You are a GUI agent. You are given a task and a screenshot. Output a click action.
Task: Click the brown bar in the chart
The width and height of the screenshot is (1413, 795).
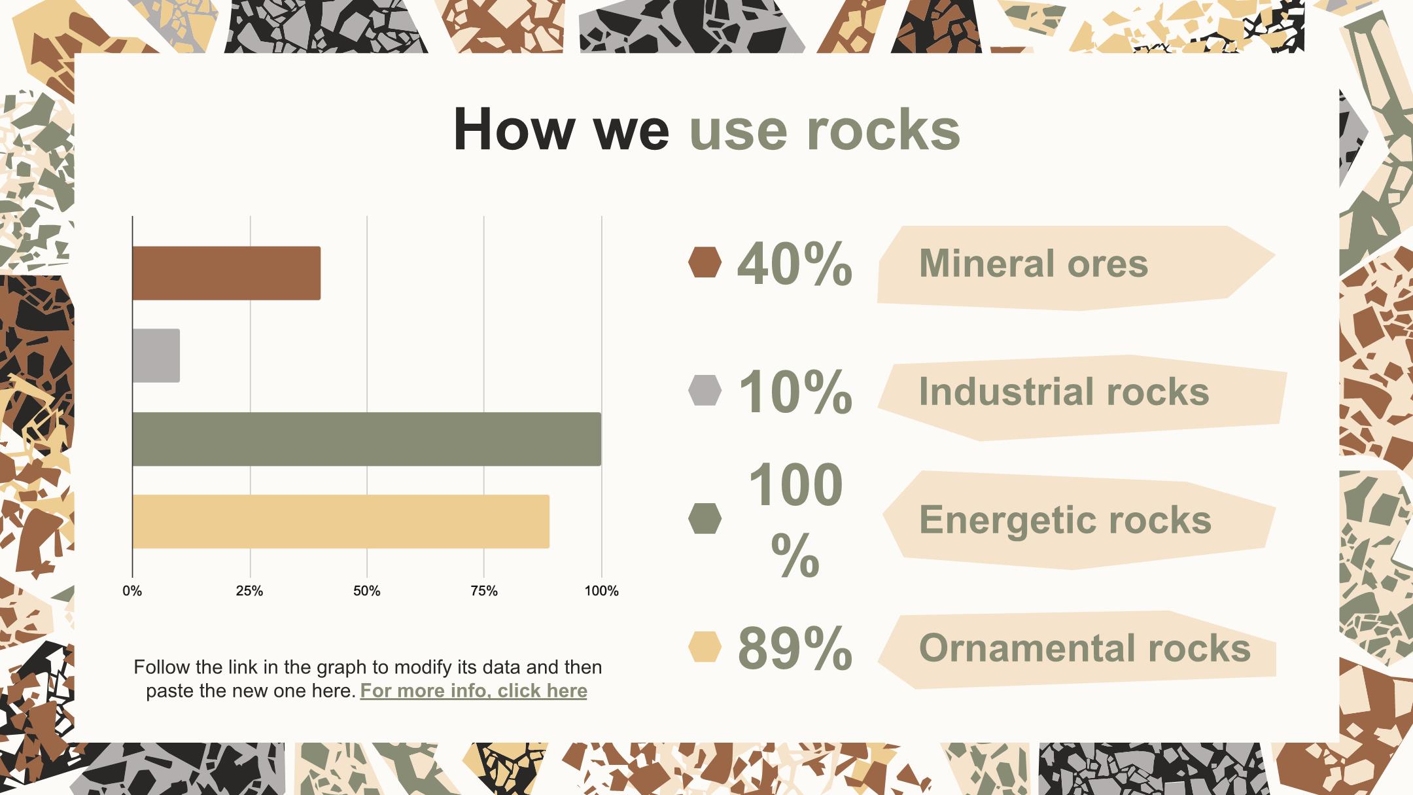[226, 274]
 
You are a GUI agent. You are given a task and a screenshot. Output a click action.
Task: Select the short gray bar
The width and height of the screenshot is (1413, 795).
[156, 356]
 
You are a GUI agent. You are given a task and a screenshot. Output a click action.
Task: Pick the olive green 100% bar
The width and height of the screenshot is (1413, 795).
[367, 439]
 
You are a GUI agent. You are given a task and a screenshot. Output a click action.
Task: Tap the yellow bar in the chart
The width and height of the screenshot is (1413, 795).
[341, 521]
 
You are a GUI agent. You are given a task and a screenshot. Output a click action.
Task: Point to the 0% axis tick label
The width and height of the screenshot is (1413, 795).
[132, 592]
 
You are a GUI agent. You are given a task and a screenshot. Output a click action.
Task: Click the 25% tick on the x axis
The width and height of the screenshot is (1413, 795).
[249, 592]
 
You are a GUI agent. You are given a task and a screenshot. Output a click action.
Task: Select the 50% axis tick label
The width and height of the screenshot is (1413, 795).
[366, 592]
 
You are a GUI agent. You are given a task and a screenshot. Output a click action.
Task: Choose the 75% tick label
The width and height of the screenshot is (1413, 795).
[484, 592]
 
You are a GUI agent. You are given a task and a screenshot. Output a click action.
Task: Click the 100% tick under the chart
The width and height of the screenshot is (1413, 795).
[601, 592]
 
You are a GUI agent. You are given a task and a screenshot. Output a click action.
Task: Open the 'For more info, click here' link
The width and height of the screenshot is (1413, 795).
[474, 691]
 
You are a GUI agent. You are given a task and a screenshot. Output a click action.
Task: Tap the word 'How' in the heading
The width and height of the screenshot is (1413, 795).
[514, 130]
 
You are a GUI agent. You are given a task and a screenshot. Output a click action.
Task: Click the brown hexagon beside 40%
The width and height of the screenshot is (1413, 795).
[705, 262]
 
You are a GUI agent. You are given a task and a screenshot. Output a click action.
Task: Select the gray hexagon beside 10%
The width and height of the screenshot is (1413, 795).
[705, 391]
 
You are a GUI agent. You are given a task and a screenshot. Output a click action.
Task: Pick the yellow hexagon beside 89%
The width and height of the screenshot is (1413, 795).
[705, 647]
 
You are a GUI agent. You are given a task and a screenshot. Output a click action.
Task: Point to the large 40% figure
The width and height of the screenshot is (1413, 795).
[795, 264]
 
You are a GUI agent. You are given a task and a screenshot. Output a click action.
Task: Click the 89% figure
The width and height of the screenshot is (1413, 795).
[795, 648]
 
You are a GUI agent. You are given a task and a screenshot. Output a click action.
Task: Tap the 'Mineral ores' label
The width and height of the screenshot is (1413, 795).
[1034, 264]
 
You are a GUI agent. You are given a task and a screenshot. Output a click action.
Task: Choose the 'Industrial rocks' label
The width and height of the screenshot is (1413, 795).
[1064, 392]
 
